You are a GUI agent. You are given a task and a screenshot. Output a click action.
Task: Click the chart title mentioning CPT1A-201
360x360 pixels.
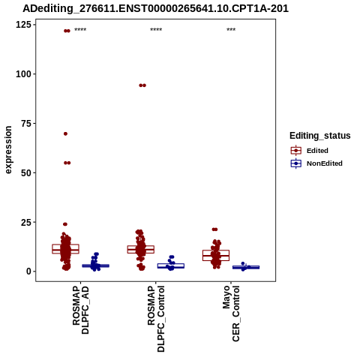click(155, 8)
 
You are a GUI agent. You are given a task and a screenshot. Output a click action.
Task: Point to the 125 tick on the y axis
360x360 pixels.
click(23, 25)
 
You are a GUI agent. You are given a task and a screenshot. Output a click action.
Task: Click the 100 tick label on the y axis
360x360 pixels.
click(23, 74)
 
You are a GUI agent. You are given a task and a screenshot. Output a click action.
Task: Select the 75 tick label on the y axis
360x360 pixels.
click(26, 124)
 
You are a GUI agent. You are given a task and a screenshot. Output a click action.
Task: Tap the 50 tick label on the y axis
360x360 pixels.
click(26, 172)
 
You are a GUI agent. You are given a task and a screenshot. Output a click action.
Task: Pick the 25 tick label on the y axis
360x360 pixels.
click(26, 222)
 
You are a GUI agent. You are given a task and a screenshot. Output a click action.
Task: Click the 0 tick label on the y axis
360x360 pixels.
click(29, 271)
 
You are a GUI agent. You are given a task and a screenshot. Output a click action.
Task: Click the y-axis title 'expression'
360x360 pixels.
click(8, 150)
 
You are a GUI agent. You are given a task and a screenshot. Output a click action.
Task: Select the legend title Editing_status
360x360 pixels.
click(320, 136)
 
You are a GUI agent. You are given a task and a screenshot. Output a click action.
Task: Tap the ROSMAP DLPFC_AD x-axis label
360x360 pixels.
click(80, 310)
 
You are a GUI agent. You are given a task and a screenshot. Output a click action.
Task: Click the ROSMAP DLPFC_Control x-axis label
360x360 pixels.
click(156, 319)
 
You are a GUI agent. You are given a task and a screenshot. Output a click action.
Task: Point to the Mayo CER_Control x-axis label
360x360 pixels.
click(231, 313)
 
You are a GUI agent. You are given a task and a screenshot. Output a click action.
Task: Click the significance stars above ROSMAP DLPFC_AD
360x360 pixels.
click(80, 30)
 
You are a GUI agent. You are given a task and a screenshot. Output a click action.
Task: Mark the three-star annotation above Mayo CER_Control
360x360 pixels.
click(231, 30)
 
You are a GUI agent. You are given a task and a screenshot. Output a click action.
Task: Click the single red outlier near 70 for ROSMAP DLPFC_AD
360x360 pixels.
click(65, 133)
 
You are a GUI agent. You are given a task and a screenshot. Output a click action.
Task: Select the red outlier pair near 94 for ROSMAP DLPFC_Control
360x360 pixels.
click(142, 85)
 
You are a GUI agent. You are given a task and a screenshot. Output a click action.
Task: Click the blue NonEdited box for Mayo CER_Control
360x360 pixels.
click(246, 267)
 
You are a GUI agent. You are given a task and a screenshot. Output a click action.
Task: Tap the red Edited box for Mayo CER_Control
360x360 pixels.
click(216, 255)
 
